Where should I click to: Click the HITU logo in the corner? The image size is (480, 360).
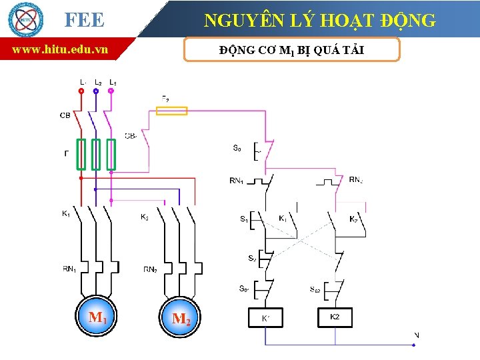pyautogui.click(x=25, y=19)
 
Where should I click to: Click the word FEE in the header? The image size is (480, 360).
pyautogui.click(x=85, y=21)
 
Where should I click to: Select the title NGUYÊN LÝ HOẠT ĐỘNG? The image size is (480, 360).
pyautogui.click(x=320, y=20)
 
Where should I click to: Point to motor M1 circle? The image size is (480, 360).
pyautogui.click(x=97, y=315)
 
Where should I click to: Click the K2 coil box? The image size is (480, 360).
pyautogui.click(x=335, y=317)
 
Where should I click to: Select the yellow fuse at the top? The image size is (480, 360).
pyautogui.click(x=171, y=111)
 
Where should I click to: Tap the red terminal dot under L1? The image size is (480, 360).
pyautogui.click(x=81, y=91)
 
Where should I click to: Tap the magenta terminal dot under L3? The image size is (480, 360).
pyautogui.click(x=111, y=91)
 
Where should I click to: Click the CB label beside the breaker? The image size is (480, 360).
pyautogui.click(x=65, y=115)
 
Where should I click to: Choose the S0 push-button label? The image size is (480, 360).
pyautogui.click(x=237, y=148)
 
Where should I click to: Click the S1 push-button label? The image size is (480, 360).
pyautogui.click(x=243, y=218)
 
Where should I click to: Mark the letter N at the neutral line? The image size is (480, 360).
pyautogui.click(x=417, y=335)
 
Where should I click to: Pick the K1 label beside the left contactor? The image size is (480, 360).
pyautogui.click(x=66, y=213)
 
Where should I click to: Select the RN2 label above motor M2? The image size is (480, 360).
pyautogui.click(x=151, y=269)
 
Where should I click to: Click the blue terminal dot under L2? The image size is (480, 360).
pyautogui.click(x=96, y=91)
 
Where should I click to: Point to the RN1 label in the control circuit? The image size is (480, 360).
pyautogui.click(x=237, y=179)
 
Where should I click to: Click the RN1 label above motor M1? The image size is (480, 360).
pyautogui.click(x=69, y=269)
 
